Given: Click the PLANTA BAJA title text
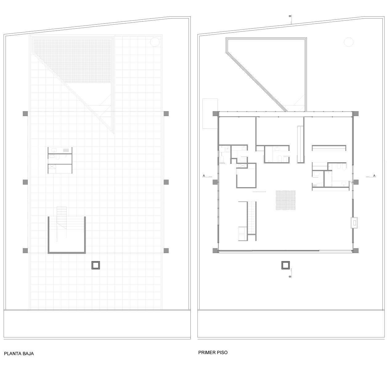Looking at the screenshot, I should click(x=19, y=353).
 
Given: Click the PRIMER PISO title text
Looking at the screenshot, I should click(x=213, y=353).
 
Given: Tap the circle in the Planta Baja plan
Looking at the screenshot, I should click(x=155, y=42).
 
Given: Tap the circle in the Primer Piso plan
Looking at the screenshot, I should click(x=348, y=42).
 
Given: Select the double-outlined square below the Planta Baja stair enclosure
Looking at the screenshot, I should click(x=96, y=265).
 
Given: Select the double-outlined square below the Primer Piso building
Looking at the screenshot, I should click(x=286, y=265).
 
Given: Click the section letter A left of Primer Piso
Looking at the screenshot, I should click(x=204, y=175).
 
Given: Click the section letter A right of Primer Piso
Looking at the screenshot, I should click(x=374, y=175).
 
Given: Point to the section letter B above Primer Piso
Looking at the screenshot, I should click(x=290, y=16).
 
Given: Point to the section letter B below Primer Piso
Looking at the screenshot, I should click(x=290, y=276).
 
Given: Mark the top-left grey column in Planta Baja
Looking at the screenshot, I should click(x=25, y=114).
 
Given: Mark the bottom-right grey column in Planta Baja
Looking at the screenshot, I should click(x=166, y=250).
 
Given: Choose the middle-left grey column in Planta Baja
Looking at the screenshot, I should click(x=25, y=182).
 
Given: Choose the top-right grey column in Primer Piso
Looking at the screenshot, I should click(x=356, y=114).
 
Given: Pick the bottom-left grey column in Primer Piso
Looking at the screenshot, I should click(x=215, y=251).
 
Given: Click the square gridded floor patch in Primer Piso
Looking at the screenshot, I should click(x=286, y=200).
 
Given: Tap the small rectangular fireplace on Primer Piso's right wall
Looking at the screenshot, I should click(x=354, y=223).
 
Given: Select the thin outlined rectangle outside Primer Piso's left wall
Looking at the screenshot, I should click(x=210, y=113).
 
